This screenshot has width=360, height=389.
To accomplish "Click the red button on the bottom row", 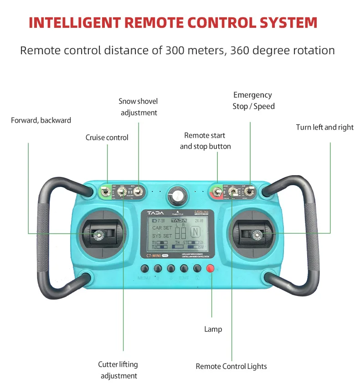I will [211, 268].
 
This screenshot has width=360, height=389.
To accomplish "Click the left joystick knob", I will [98, 234].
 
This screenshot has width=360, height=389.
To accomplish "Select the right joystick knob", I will [257, 234].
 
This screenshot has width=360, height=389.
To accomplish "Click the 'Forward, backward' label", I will [41, 120].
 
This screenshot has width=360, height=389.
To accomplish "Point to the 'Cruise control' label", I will [107, 138].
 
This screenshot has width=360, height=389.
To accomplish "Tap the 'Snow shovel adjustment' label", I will [139, 107].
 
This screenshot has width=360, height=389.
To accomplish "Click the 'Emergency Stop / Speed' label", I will [253, 101].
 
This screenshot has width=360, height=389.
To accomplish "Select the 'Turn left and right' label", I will [324, 127].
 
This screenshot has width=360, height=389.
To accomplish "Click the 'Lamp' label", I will [213, 329].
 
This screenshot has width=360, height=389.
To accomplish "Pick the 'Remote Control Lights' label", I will [231, 366].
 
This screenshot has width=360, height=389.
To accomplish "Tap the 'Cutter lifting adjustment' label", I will [118, 370].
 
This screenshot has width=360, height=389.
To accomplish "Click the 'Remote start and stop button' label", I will [205, 141].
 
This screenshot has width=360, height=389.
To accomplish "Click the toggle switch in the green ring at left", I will [106, 192].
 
